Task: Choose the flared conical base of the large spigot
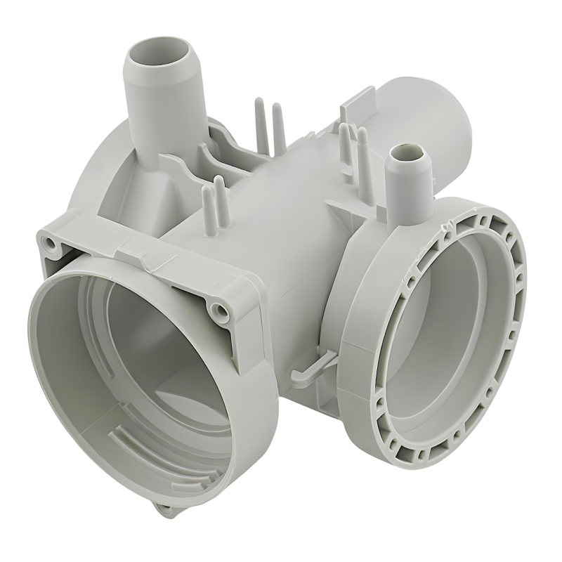click(158, 162)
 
